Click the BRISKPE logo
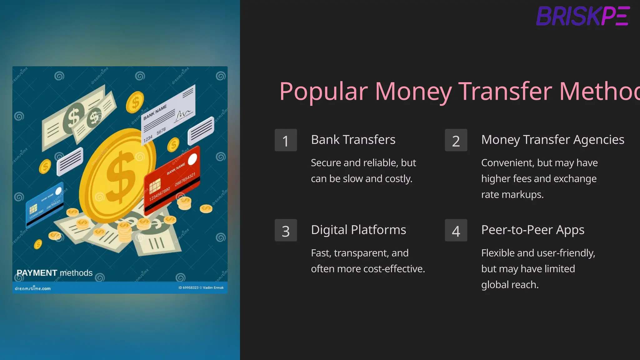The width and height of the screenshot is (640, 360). (583, 16)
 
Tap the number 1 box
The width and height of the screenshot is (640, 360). (286, 140)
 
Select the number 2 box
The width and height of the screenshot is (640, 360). (456, 140)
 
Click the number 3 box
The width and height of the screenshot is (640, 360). (286, 230)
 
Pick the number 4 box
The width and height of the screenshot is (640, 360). (456, 230)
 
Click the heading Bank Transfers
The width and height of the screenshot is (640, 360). (353, 140)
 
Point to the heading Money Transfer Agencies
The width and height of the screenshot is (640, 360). (552, 140)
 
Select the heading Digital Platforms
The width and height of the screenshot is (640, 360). (358, 230)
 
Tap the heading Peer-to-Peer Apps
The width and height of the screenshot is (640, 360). (532, 230)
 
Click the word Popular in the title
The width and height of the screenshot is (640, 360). (323, 91)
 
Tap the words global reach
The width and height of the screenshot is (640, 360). (510, 285)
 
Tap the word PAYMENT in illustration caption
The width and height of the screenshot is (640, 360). (37, 273)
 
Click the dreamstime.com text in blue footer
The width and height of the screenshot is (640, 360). (33, 288)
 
